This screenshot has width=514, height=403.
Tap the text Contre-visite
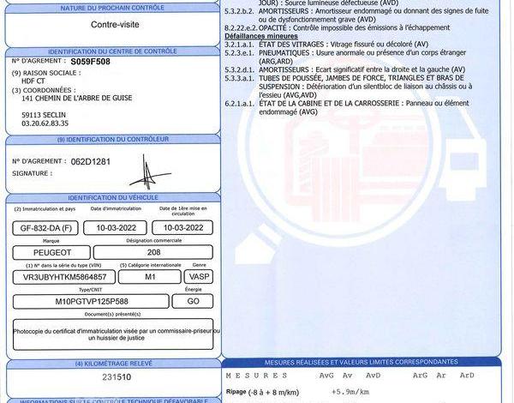115,25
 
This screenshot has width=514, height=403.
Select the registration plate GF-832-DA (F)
47,228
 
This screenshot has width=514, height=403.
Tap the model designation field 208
153,253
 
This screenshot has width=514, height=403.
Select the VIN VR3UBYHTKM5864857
62,277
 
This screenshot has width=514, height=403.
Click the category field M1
150,277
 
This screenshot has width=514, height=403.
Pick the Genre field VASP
199,277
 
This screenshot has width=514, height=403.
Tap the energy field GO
193,301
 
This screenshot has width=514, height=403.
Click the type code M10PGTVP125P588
91,301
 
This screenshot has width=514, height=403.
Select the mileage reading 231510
117,376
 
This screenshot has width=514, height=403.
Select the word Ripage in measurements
236,392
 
